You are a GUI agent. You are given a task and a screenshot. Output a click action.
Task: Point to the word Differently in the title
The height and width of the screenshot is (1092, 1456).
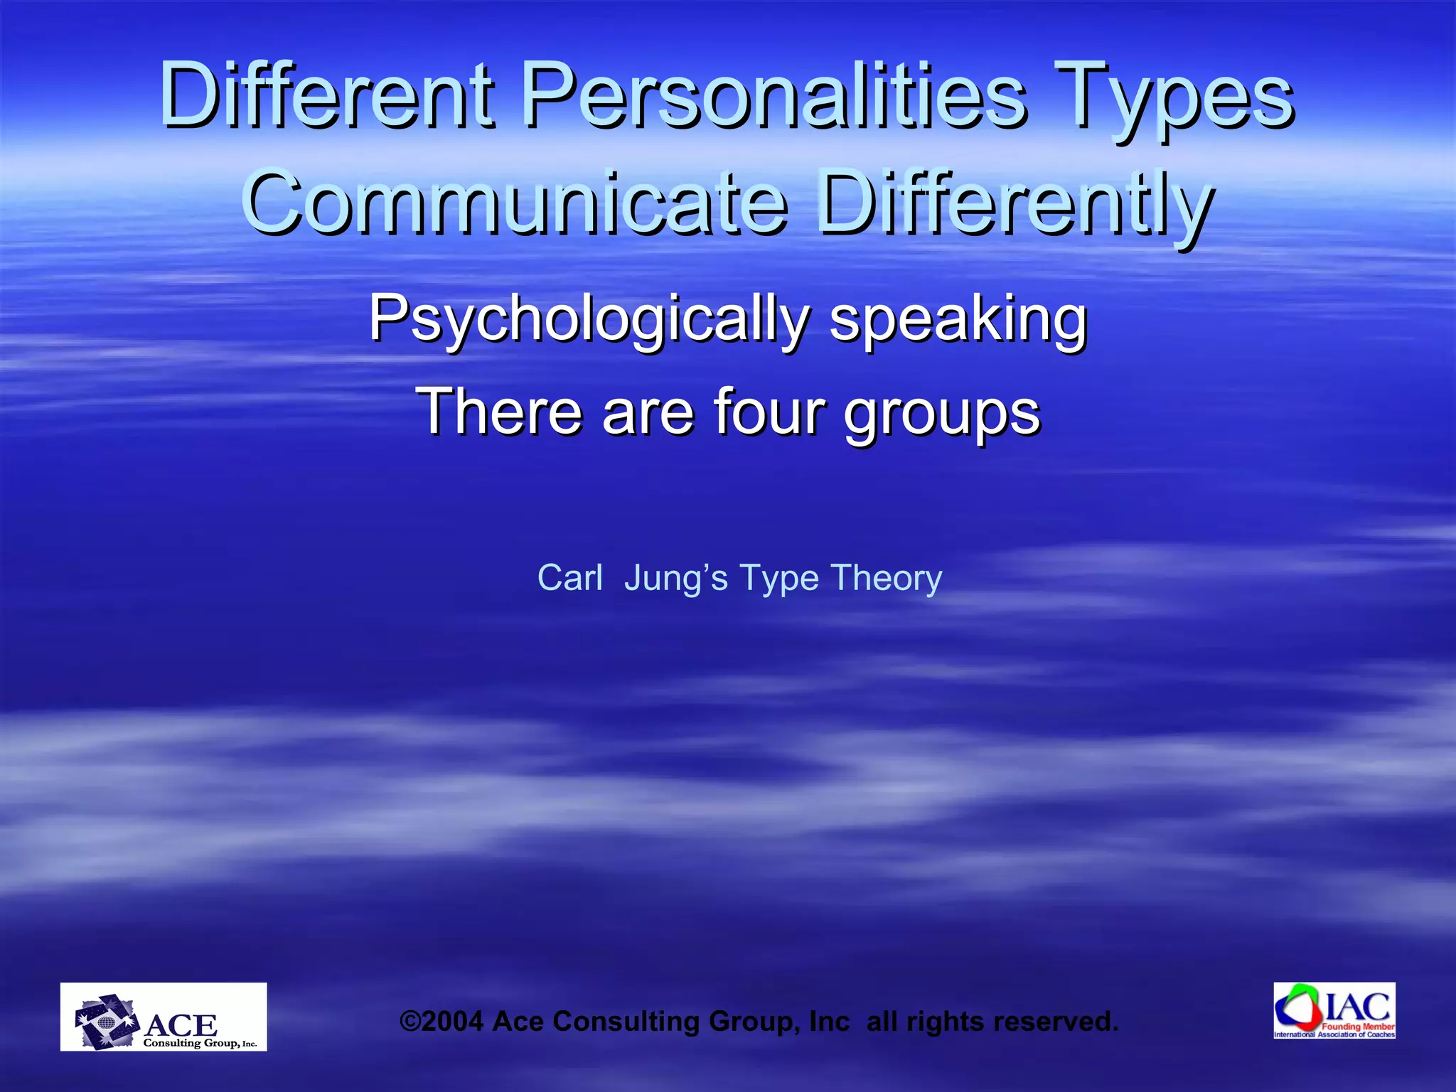pos(1014,203)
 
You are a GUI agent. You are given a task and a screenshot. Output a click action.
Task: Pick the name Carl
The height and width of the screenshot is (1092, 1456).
pos(569,577)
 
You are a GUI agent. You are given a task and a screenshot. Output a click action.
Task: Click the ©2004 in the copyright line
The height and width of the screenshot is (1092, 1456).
pos(441,1022)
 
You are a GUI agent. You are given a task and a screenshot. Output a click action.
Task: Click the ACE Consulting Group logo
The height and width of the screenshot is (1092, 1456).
pos(164,1017)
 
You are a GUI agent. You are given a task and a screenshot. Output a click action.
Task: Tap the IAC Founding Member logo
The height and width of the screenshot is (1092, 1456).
pos(1334,1010)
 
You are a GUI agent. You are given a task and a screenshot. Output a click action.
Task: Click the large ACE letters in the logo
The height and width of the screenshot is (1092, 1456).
pos(181,1024)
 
